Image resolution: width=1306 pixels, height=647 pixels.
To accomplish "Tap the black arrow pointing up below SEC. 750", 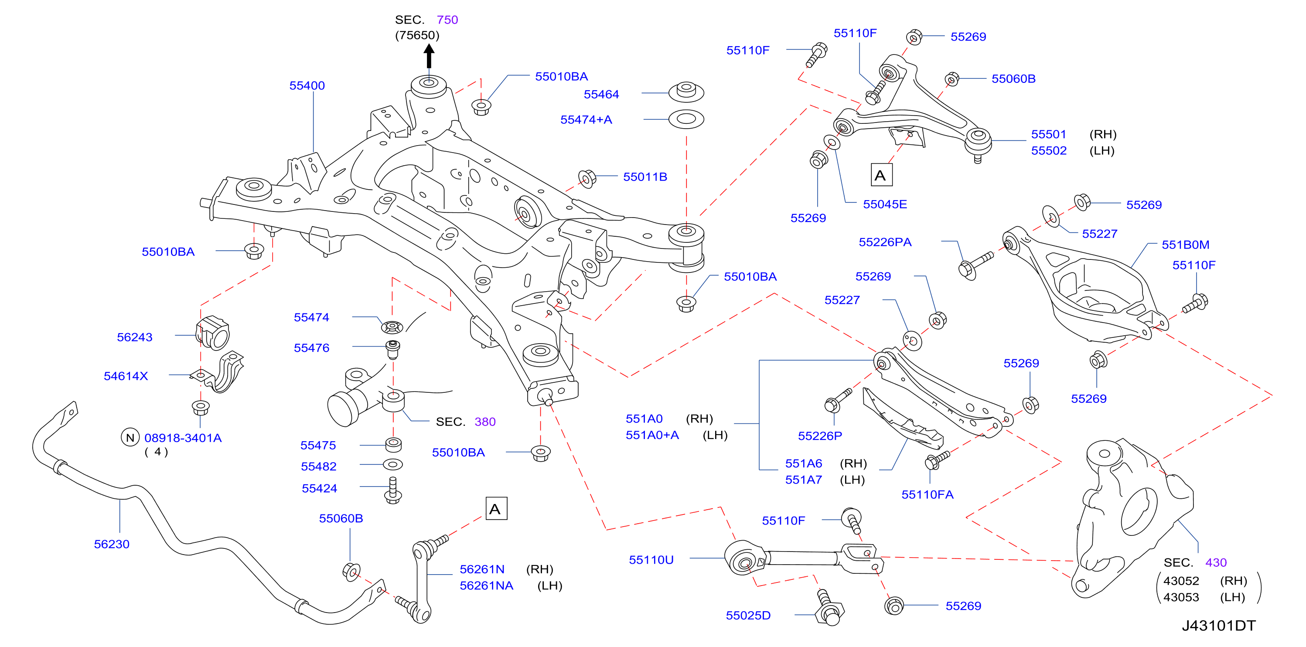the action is pyautogui.click(x=429, y=56).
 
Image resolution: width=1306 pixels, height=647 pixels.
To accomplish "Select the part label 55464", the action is pyautogui.click(x=601, y=94).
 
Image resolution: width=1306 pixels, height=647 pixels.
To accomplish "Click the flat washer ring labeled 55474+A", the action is pyautogui.click(x=686, y=119).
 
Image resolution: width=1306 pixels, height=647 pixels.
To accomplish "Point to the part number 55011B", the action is pyautogui.click(x=645, y=177).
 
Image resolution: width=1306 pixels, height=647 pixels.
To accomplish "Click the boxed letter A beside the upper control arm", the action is pyautogui.click(x=881, y=175).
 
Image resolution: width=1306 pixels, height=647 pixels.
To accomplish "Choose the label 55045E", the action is pyautogui.click(x=885, y=204).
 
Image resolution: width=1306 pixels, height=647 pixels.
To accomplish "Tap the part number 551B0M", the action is pyautogui.click(x=1185, y=245).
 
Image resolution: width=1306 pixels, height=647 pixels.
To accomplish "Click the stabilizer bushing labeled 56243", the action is pyautogui.click(x=212, y=333).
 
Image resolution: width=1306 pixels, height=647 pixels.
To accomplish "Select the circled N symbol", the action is pyautogui.click(x=130, y=438).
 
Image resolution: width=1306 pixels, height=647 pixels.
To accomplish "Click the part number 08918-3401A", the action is pyautogui.click(x=183, y=438).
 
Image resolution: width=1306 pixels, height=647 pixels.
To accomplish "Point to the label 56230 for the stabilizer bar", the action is pyautogui.click(x=112, y=544).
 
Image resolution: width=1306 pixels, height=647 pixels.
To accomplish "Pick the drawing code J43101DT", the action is pyautogui.click(x=1219, y=626).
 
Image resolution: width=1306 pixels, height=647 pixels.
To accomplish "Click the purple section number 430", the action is pyautogui.click(x=1216, y=562).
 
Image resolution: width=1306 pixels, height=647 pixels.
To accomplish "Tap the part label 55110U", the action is pyautogui.click(x=651, y=560).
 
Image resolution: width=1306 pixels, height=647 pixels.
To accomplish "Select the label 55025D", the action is pyautogui.click(x=748, y=616).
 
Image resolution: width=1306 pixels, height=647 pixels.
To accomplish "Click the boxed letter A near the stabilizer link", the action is pyautogui.click(x=496, y=508).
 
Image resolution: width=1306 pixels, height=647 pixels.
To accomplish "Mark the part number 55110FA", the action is pyautogui.click(x=927, y=495).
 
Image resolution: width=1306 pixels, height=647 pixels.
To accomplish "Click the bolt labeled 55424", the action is pyautogui.click(x=393, y=490).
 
